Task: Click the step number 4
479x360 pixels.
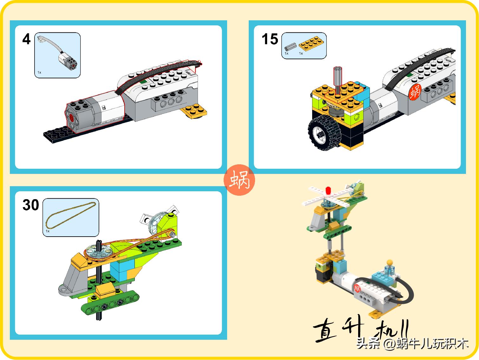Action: [x=26, y=39]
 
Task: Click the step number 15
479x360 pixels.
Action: [x=270, y=39]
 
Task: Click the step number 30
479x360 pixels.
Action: [x=31, y=205]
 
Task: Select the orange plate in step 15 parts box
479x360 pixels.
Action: [x=311, y=43]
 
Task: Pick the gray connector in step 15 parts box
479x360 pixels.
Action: [x=291, y=47]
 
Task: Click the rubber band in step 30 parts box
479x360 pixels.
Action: [x=71, y=215]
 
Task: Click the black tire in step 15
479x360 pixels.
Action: [x=324, y=133]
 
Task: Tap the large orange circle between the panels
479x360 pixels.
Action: [x=239, y=180]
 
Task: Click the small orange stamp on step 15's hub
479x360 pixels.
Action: [x=415, y=92]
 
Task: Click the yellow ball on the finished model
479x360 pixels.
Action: [x=390, y=263]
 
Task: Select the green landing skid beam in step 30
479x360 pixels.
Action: [x=110, y=302]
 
